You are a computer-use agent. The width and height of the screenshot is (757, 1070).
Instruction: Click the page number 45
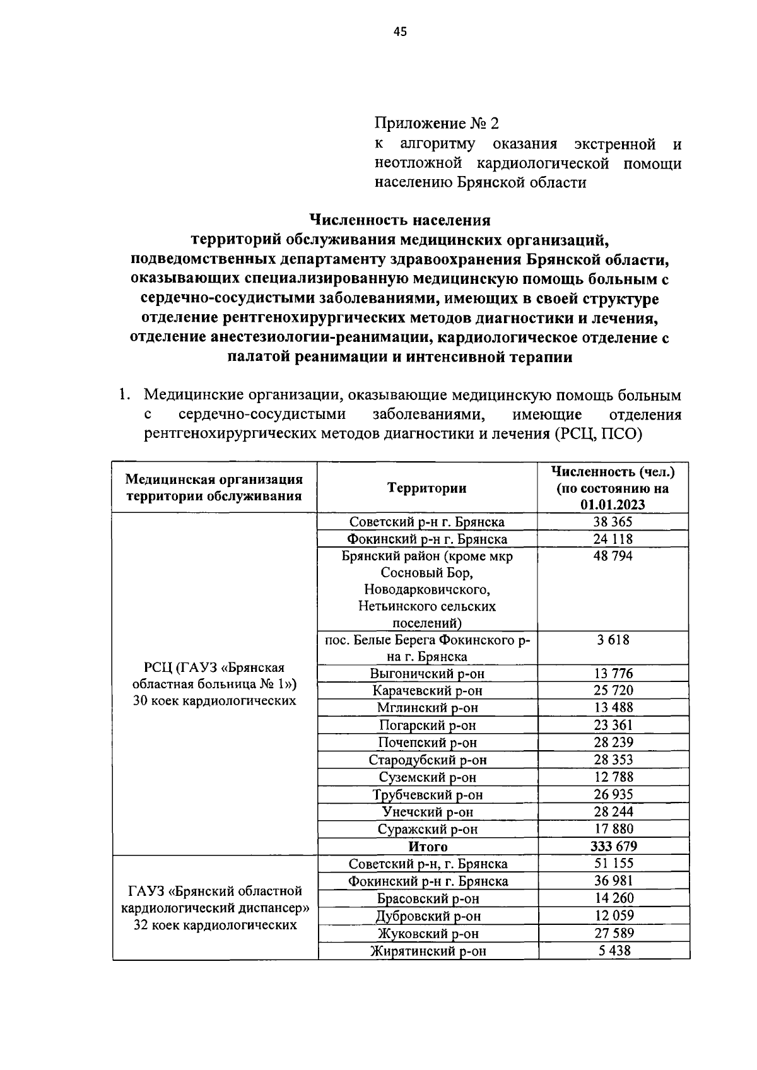pyautogui.click(x=400, y=33)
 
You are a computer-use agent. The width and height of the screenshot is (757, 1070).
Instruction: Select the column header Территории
pyautogui.click(x=427, y=488)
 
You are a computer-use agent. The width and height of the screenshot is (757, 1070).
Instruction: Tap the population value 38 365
pyautogui.click(x=612, y=522)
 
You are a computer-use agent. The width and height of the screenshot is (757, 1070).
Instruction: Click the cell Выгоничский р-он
pyautogui.click(x=428, y=673)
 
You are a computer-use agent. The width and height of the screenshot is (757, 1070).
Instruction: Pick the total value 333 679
pyautogui.click(x=612, y=846)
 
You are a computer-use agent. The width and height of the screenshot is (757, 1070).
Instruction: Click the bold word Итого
pyautogui.click(x=428, y=847)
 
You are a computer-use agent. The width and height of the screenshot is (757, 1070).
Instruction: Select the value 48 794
pyautogui.click(x=612, y=556)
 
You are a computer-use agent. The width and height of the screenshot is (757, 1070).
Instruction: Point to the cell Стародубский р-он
pyautogui.click(x=428, y=760)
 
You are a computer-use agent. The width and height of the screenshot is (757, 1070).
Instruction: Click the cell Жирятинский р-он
pyautogui.click(x=428, y=951)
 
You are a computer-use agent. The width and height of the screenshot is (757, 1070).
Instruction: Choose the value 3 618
pyautogui.click(x=613, y=640)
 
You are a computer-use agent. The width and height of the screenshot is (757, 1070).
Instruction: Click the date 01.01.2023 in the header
pyautogui.click(x=613, y=505)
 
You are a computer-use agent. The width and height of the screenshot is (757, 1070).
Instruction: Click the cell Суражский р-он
pyautogui.click(x=428, y=829)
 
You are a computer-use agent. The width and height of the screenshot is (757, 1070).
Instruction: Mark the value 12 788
pyautogui.click(x=613, y=777)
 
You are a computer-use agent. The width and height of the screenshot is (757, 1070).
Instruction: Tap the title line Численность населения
pyautogui.click(x=400, y=220)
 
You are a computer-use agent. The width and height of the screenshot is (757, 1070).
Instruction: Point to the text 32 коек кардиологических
pyautogui.click(x=215, y=925)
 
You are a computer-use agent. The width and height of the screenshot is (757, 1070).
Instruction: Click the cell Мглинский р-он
pyautogui.click(x=428, y=708)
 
